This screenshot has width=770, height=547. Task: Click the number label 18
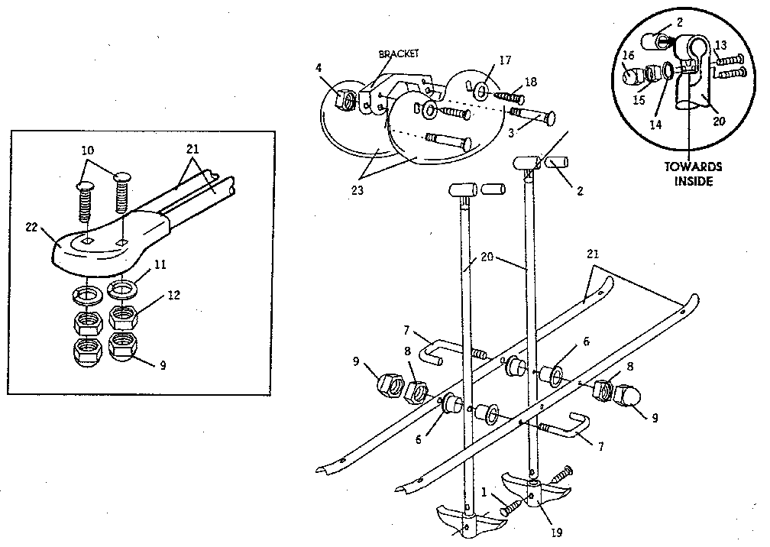pyautogui.click(x=530, y=81)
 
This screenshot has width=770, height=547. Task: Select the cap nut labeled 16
pyautogui.click(x=632, y=76)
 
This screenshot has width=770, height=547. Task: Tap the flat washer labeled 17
pyautogui.click(x=482, y=92)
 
